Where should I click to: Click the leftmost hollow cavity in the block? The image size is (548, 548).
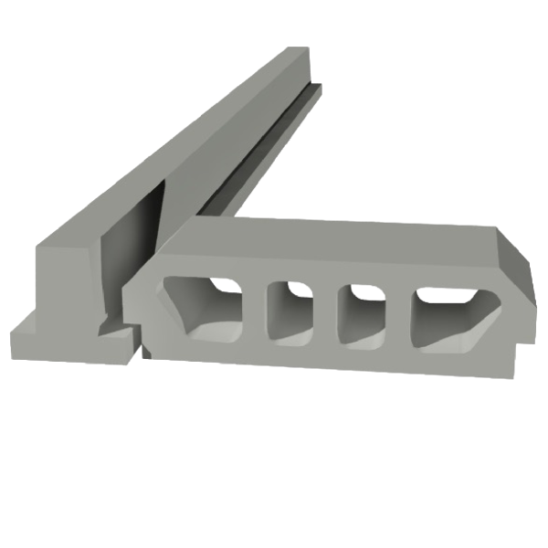pos(203,306)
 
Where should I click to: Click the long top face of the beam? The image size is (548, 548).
pos(183,146)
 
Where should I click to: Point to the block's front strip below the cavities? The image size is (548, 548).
pos(329,356)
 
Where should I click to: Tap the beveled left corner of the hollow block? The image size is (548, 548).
pos(146,274)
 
